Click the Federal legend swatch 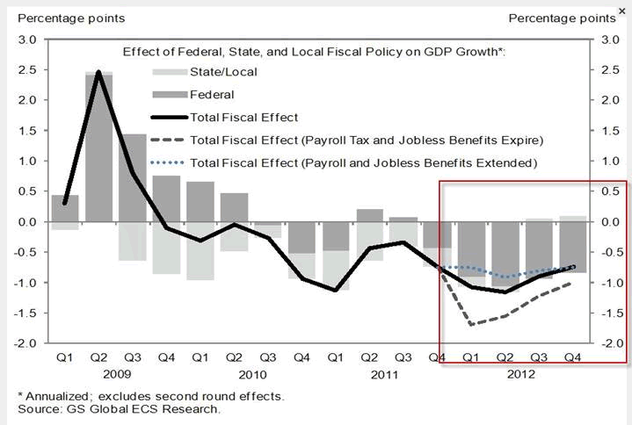point(168,93)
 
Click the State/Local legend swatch point(168,72)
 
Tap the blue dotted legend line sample point(168,162)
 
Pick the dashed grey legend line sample point(168,139)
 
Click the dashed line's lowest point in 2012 point(471,325)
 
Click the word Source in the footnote point(38,408)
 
